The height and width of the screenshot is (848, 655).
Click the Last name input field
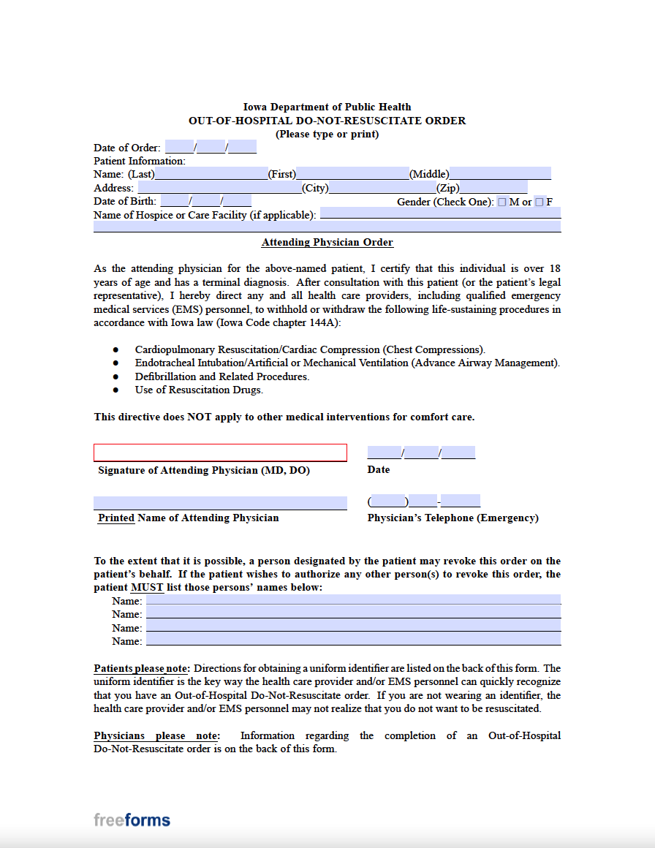(x=211, y=174)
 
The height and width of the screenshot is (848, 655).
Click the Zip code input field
(x=493, y=188)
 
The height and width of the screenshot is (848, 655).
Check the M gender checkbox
(x=502, y=202)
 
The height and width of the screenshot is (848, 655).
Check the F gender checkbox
(x=539, y=202)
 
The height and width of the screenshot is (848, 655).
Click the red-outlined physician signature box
(x=220, y=453)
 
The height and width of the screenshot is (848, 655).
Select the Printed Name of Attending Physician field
(x=220, y=503)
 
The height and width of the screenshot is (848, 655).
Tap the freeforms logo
(x=132, y=819)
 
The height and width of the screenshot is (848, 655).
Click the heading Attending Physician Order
(x=327, y=243)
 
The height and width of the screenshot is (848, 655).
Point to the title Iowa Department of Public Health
(x=327, y=107)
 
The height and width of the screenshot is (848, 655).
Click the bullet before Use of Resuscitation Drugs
(x=116, y=390)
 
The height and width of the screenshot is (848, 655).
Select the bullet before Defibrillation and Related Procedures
(x=116, y=377)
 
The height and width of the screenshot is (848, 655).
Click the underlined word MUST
(x=147, y=588)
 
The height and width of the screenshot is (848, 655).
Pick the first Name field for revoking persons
(x=353, y=600)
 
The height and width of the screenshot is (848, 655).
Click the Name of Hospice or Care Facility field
(x=440, y=213)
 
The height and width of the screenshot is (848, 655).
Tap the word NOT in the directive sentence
(x=200, y=417)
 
